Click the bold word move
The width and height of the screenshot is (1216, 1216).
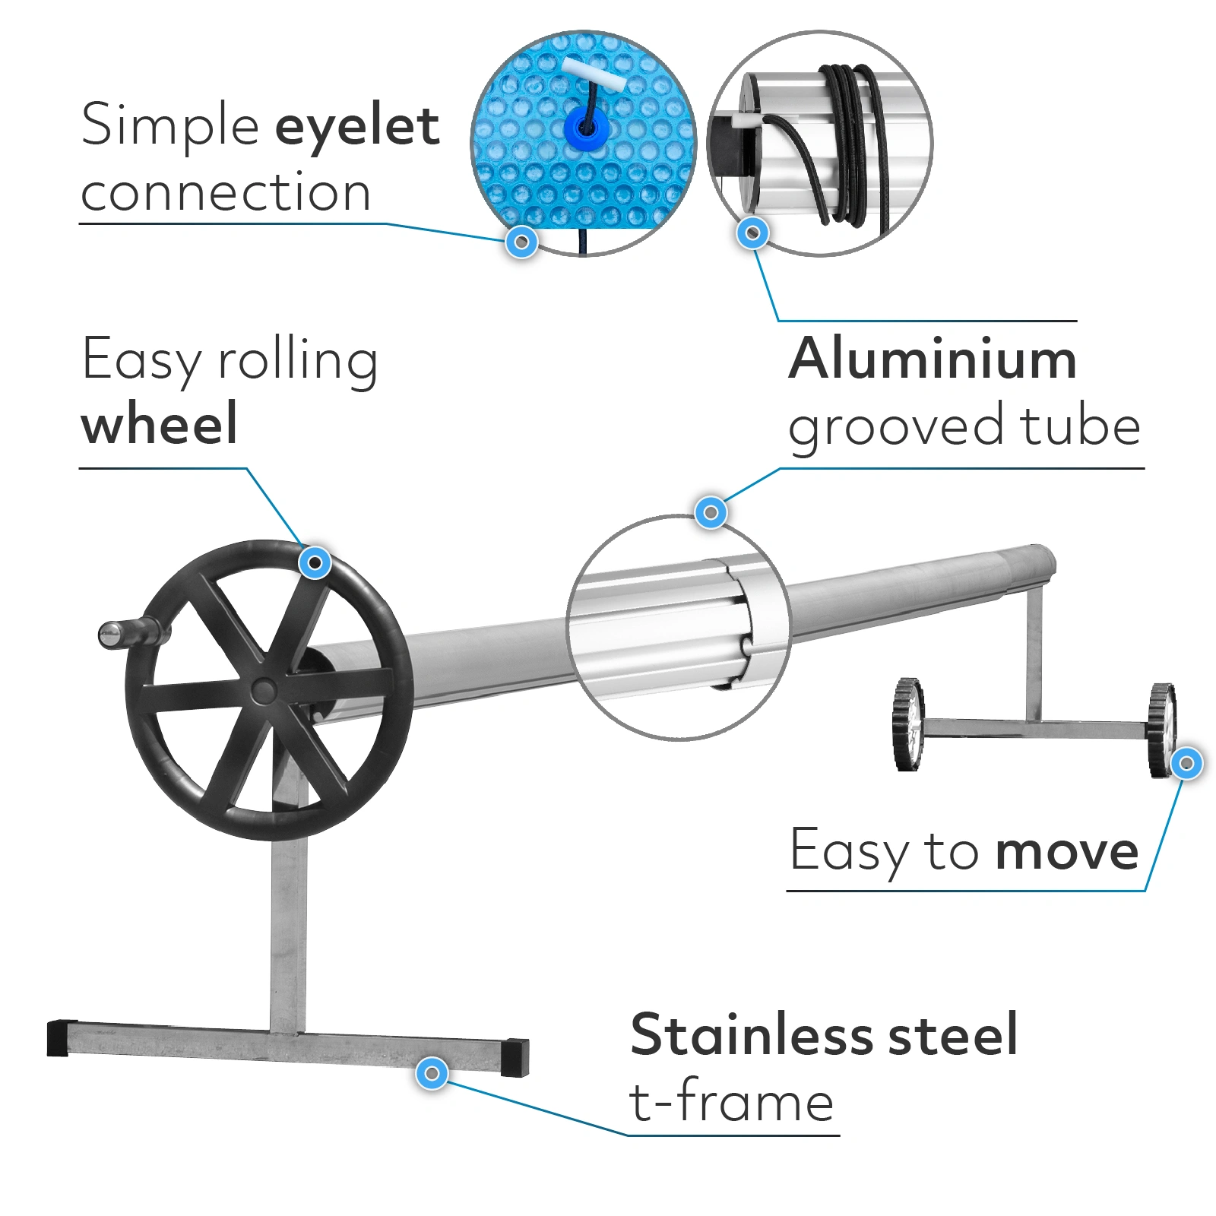(1067, 852)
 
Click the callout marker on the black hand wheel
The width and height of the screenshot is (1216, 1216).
(315, 563)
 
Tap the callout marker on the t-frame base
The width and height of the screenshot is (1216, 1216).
(432, 1073)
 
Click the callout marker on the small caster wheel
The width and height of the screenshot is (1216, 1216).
(1186, 763)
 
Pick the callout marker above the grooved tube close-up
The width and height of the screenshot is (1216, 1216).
(711, 513)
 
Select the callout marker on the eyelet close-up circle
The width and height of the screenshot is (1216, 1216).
(521, 242)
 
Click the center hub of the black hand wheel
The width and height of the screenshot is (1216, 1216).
(264, 690)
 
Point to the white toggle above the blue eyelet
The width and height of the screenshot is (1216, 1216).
(594, 73)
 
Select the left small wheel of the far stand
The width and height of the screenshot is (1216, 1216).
(909, 724)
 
